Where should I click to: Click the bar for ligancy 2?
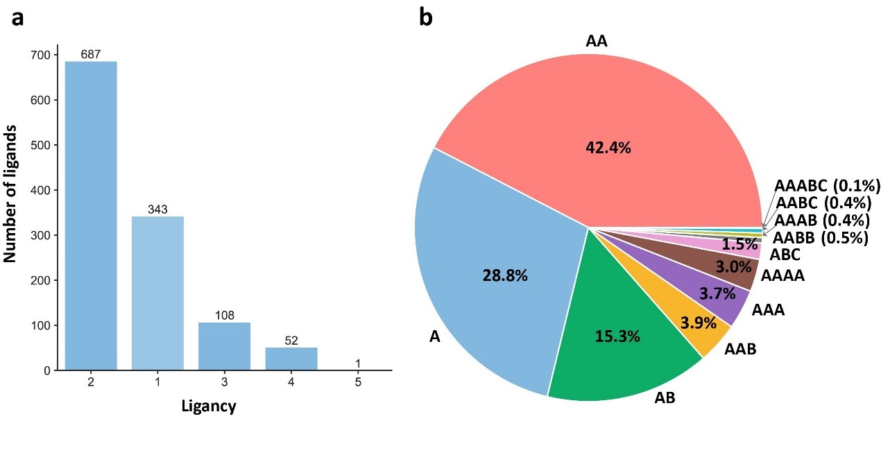tap(91, 215)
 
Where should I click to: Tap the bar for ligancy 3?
tap(224, 346)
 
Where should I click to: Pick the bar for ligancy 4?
tap(291, 359)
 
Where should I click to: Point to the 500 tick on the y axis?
tap(42, 145)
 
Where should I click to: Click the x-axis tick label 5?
tap(358, 382)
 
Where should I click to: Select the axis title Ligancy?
tap(208, 406)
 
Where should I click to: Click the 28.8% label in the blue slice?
tap(505, 275)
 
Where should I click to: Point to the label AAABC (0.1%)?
tap(827, 186)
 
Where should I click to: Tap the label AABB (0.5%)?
tap(821, 238)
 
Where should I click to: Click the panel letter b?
tap(425, 17)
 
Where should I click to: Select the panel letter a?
tap(18, 17)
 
